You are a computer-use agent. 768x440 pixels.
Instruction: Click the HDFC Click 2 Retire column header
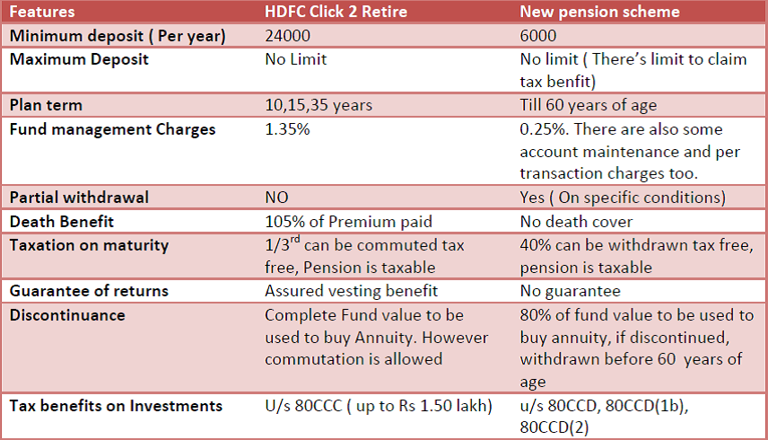(x=336, y=12)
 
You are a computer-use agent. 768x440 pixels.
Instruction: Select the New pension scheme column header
(x=599, y=12)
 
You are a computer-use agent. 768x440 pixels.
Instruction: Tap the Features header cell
(x=42, y=12)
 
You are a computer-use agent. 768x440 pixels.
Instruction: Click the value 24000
(x=287, y=36)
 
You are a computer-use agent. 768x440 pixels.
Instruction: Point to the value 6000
(x=538, y=36)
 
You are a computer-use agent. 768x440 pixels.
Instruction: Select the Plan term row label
(x=46, y=105)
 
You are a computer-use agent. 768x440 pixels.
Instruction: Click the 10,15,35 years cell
(x=319, y=105)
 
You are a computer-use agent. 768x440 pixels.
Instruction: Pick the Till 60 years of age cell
(x=589, y=105)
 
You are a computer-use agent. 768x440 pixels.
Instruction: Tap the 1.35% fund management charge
(x=287, y=129)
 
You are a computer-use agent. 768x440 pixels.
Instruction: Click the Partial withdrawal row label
(x=79, y=198)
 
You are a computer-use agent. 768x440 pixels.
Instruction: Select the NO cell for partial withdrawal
(x=276, y=198)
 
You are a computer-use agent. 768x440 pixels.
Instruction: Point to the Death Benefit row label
(x=62, y=222)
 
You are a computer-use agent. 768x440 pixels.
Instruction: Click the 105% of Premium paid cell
(x=348, y=222)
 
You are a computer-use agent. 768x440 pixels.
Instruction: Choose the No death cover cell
(x=576, y=222)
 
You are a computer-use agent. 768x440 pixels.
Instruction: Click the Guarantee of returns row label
(x=89, y=291)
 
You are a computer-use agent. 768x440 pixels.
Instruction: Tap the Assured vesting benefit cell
(x=351, y=291)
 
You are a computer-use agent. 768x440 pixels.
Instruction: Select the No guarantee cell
(x=570, y=291)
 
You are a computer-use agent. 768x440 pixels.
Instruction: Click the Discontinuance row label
(x=67, y=315)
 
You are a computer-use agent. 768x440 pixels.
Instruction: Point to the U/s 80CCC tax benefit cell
(x=379, y=406)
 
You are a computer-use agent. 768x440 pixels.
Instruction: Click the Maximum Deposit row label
(x=79, y=59)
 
